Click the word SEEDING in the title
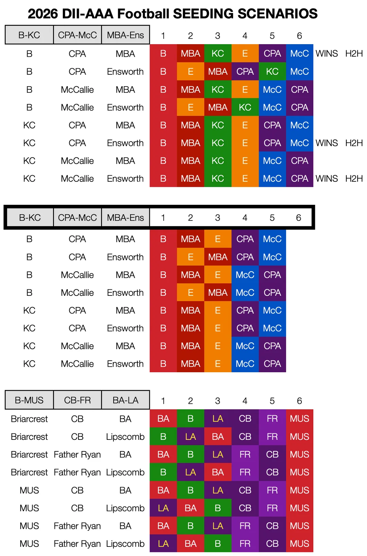pos(203,14)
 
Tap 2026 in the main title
pos(43,14)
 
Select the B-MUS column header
pos(29,400)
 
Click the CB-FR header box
pos(77,400)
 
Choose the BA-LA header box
pos(125,400)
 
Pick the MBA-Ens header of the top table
pos(125,35)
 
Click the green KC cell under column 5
pos(273,71)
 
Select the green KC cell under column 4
pos(245,107)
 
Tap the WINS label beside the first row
pos(327,53)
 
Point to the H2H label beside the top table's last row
pos(354,178)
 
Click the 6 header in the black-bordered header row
pos(298,218)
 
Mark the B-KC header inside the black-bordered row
pos(30,217)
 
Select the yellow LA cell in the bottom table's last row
pos(163,543)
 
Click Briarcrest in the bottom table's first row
pos(29,419)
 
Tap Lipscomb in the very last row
pos(125,544)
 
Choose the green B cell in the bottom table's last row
pos(218,543)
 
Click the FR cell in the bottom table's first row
pos(273,418)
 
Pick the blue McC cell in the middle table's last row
pos(245,364)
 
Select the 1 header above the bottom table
pos(163,401)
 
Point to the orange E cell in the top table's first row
pos(245,53)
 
